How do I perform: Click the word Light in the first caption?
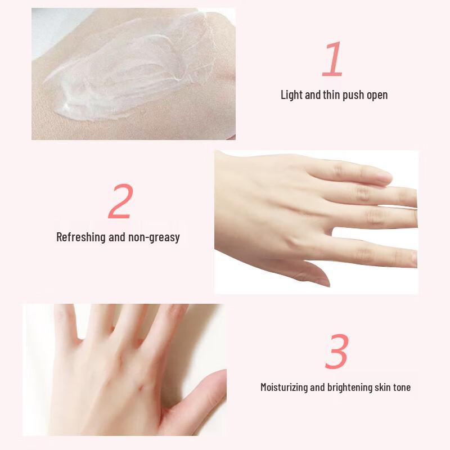coord(292,94)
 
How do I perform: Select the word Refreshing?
coord(81,237)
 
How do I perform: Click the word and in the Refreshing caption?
coord(116,237)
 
